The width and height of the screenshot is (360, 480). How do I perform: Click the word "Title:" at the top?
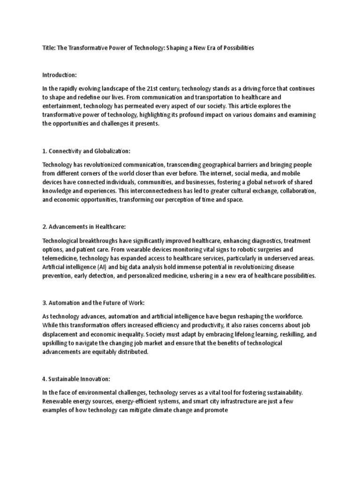49,48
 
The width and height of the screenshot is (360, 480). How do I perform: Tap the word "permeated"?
133,106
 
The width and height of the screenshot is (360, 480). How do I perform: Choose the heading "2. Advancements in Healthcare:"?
84,226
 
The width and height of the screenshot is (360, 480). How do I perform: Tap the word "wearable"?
130,249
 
